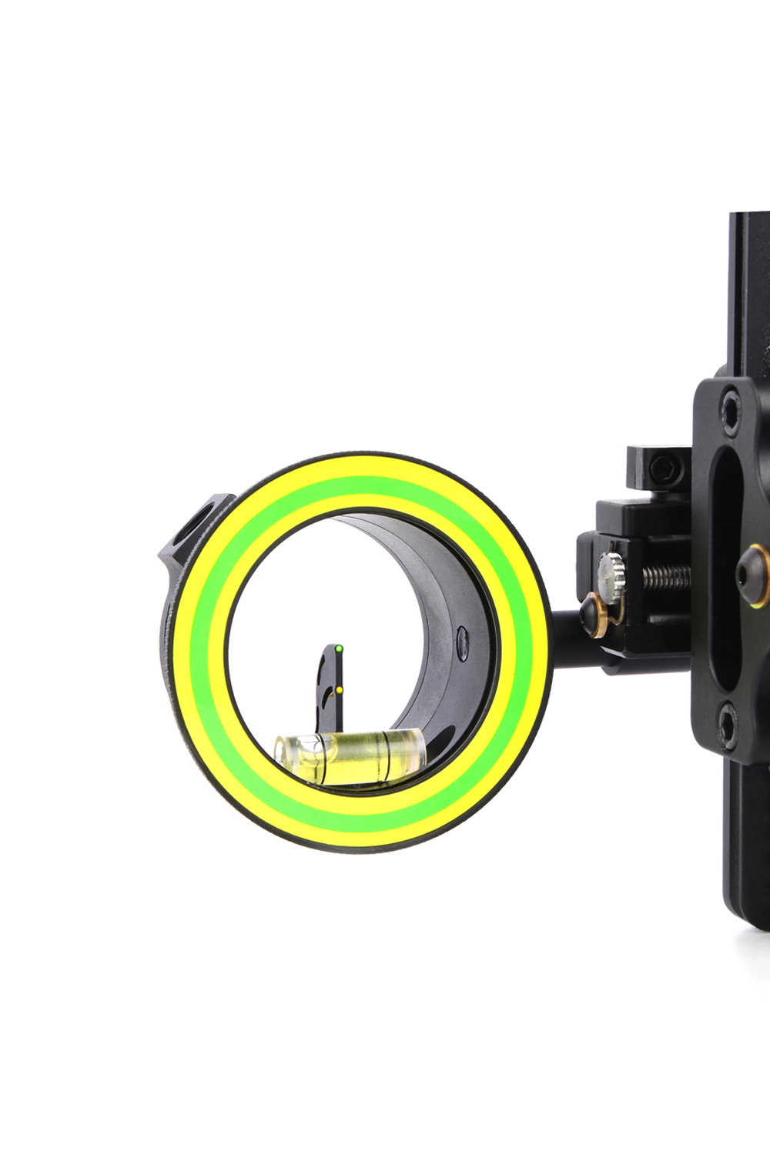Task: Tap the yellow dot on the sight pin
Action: point(339,690)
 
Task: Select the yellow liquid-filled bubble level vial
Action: point(350,757)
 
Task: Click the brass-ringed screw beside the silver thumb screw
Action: point(593,612)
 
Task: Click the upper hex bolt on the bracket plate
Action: point(728,405)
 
